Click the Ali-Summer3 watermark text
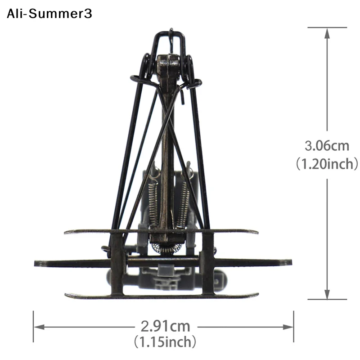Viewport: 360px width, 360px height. (49, 13)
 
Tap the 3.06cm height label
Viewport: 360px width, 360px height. (327, 146)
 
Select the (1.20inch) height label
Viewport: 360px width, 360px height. (327, 164)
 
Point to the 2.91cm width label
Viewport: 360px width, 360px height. (165, 327)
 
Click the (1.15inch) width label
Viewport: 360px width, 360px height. (165, 342)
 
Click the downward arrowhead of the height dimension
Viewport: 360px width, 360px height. (327, 294)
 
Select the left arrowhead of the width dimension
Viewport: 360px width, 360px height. (39, 327)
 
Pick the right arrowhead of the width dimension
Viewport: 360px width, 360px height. (288, 327)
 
